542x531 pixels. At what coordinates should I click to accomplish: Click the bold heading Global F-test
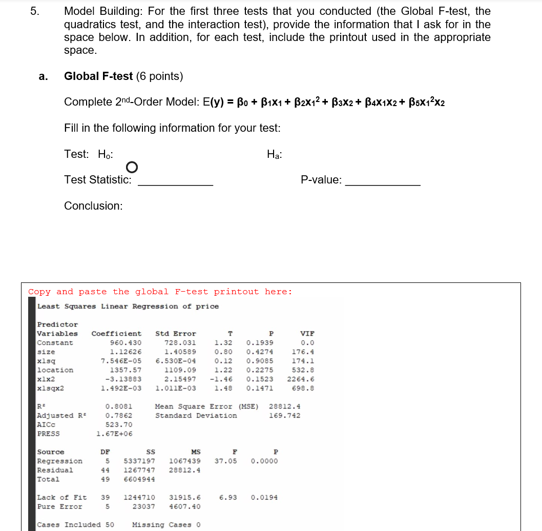coord(98,76)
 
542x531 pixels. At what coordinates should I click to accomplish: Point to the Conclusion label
coord(93,206)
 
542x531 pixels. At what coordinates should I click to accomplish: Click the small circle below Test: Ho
coord(132,167)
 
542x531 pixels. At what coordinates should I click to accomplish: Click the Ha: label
coord(275,154)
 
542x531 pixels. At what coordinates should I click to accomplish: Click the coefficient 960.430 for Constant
coord(126,343)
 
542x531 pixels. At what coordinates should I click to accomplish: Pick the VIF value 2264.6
coord(301,379)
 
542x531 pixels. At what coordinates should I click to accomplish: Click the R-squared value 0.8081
coord(116,406)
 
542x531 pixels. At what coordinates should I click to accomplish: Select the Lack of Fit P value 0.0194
coord(264,498)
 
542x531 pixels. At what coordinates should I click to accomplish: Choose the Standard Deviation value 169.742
coord(285,416)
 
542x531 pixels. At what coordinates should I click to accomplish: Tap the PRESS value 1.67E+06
coord(114,434)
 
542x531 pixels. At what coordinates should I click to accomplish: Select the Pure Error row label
coord(59,507)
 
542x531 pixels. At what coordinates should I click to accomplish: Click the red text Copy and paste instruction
coord(160,292)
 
